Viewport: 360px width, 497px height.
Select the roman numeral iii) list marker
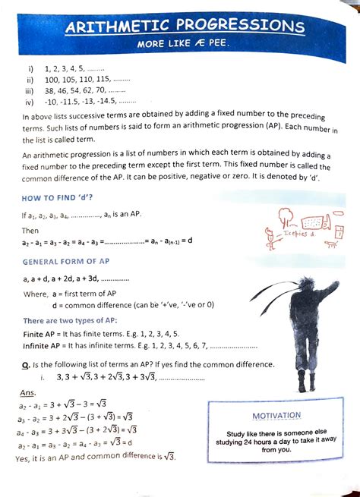(30, 90)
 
